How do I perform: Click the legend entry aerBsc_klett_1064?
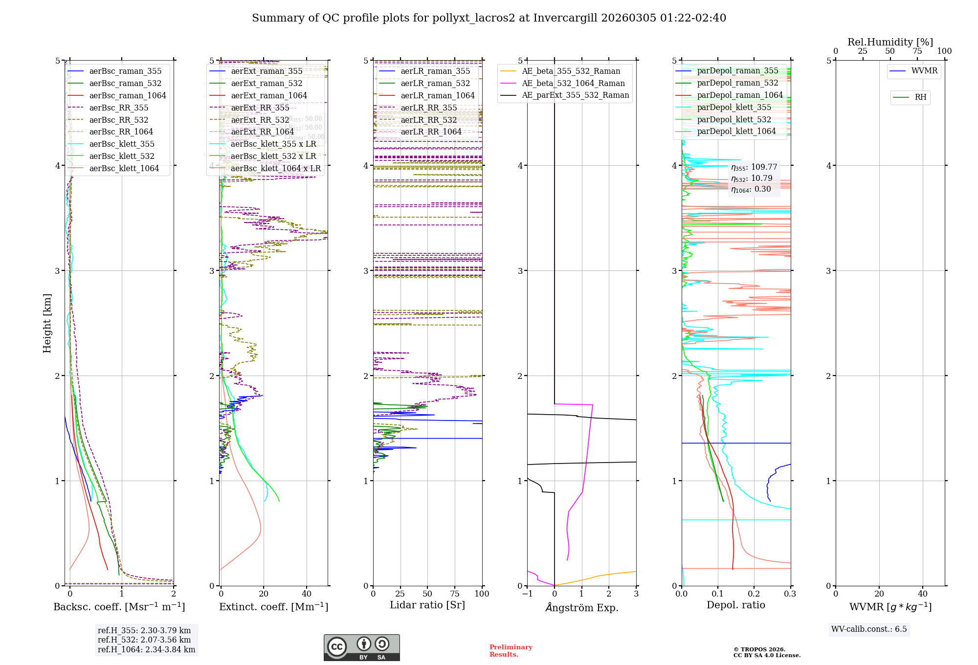click(124, 168)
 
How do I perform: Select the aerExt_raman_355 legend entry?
click(267, 71)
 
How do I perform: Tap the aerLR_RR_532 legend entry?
click(428, 120)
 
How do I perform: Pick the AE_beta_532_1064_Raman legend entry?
click(573, 83)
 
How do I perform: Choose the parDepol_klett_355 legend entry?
click(734, 107)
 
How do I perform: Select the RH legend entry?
click(920, 97)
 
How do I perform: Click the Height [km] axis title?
click(47, 323)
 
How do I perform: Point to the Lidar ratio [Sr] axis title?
click(427, 605)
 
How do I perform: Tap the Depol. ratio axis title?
click(735, 605)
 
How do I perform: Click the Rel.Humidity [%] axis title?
click(890, 42)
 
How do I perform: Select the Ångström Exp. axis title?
click(581, 607)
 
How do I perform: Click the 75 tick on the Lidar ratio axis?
click(455, 594)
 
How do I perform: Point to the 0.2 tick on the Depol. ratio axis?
click(754, 594)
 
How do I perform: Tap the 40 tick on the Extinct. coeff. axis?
click(307, 594)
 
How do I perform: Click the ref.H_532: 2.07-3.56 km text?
click(144, 640)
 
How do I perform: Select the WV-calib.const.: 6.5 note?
click(869, 629)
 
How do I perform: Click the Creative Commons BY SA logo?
click(361, 647)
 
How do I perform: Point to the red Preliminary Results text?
click(511, 650)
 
